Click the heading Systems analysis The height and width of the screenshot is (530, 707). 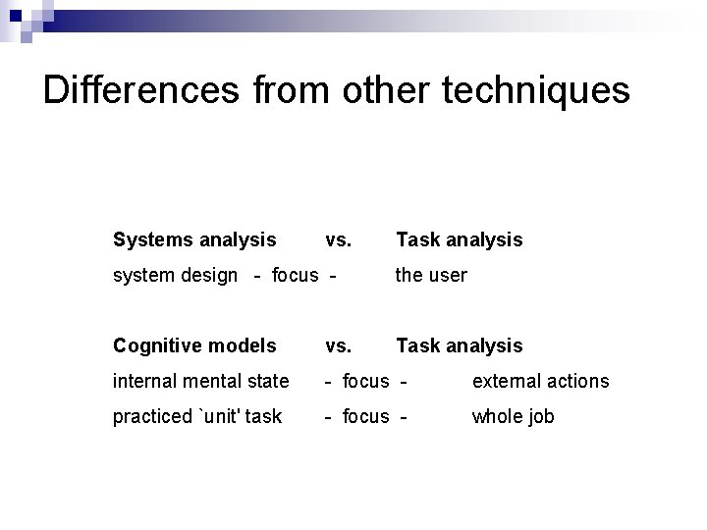[194, 239]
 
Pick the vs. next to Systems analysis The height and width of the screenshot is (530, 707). [338, 239]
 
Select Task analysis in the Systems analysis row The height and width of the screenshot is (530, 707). [459, 239]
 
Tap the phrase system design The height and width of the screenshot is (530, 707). [175, 275]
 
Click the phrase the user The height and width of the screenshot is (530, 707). [431, 275]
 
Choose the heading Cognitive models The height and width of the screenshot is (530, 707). [194, 345]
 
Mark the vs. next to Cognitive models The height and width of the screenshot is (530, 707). [338, 345]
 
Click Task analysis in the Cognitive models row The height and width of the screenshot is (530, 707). [459, 345]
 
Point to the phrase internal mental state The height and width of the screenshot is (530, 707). [201, 381]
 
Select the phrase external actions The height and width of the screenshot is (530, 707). [540, 381]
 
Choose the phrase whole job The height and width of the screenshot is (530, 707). [513, 416]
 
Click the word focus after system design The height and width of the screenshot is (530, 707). [295, 275]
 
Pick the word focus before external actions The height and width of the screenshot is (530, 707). [365, 381]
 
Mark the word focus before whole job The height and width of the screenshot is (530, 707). [365, 416]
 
